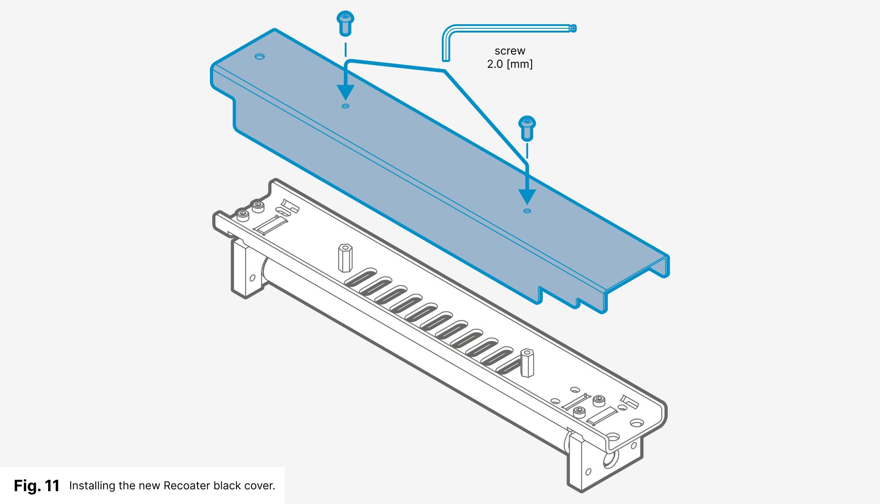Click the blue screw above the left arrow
(x=345, y=23)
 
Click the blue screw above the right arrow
(x=527, y=128)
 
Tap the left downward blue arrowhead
(x=346, y=92)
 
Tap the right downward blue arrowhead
(x=527, y=197)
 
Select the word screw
(x=510, y=51)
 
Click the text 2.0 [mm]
(x=510, y=64)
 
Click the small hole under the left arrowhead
(x=346, y=106)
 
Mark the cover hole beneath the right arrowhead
(x=527, y=211)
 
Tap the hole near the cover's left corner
(x=259, y=56)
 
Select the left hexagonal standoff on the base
(x=345, y=258)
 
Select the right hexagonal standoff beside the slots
(x=527, y=363)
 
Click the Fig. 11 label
(x=37, y=486)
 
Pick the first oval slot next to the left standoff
(x=361, y=278)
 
